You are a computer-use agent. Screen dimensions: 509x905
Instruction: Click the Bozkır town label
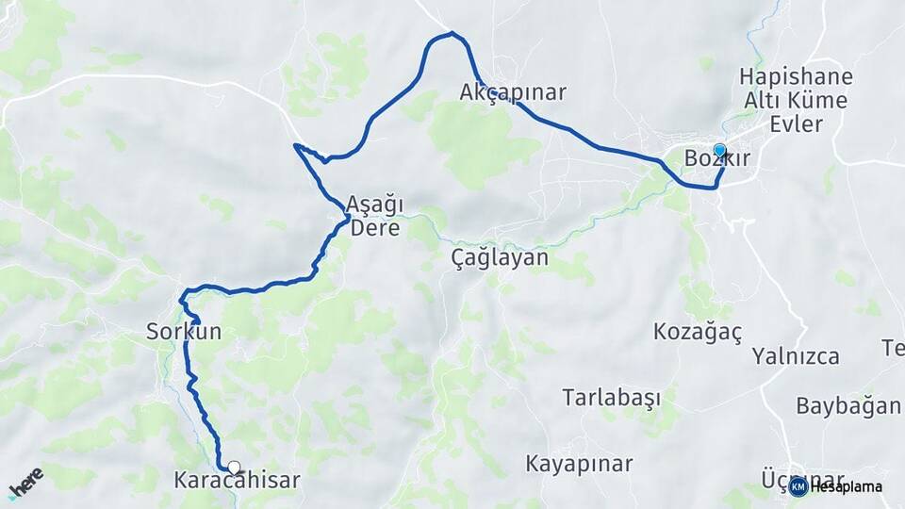click(x=717, y=158)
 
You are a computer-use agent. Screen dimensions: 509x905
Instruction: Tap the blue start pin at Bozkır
click(x=719, y=150)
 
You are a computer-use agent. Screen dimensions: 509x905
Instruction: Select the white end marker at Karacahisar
click(x=234, y=467)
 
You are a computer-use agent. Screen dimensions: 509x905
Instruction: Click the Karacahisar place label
click(x=237, y=481)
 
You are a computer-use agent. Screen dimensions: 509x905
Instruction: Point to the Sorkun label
click(x=184, y=331)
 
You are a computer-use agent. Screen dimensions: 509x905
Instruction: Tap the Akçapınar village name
click(x=512, y=92)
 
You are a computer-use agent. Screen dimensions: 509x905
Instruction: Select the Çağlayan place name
click(x=500, y=257)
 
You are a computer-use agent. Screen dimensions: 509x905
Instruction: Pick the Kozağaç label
click(x=699, y=332)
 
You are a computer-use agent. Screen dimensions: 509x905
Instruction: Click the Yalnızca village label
click(x=796, y=356)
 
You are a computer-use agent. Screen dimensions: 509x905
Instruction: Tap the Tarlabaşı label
click(x=612, y=397)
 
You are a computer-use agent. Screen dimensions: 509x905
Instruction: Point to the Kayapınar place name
click(x=579, y=464)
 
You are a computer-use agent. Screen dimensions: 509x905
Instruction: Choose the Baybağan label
click(x=848, y=406)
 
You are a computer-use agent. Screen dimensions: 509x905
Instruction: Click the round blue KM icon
click(x=798, y=486)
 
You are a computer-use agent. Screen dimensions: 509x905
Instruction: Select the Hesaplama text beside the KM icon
click(x=846, y=487)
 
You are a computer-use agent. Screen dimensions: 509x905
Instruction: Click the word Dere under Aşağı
click(x=375, y=228)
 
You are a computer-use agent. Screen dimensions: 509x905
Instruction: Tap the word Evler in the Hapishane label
click(x=796, y=123)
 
